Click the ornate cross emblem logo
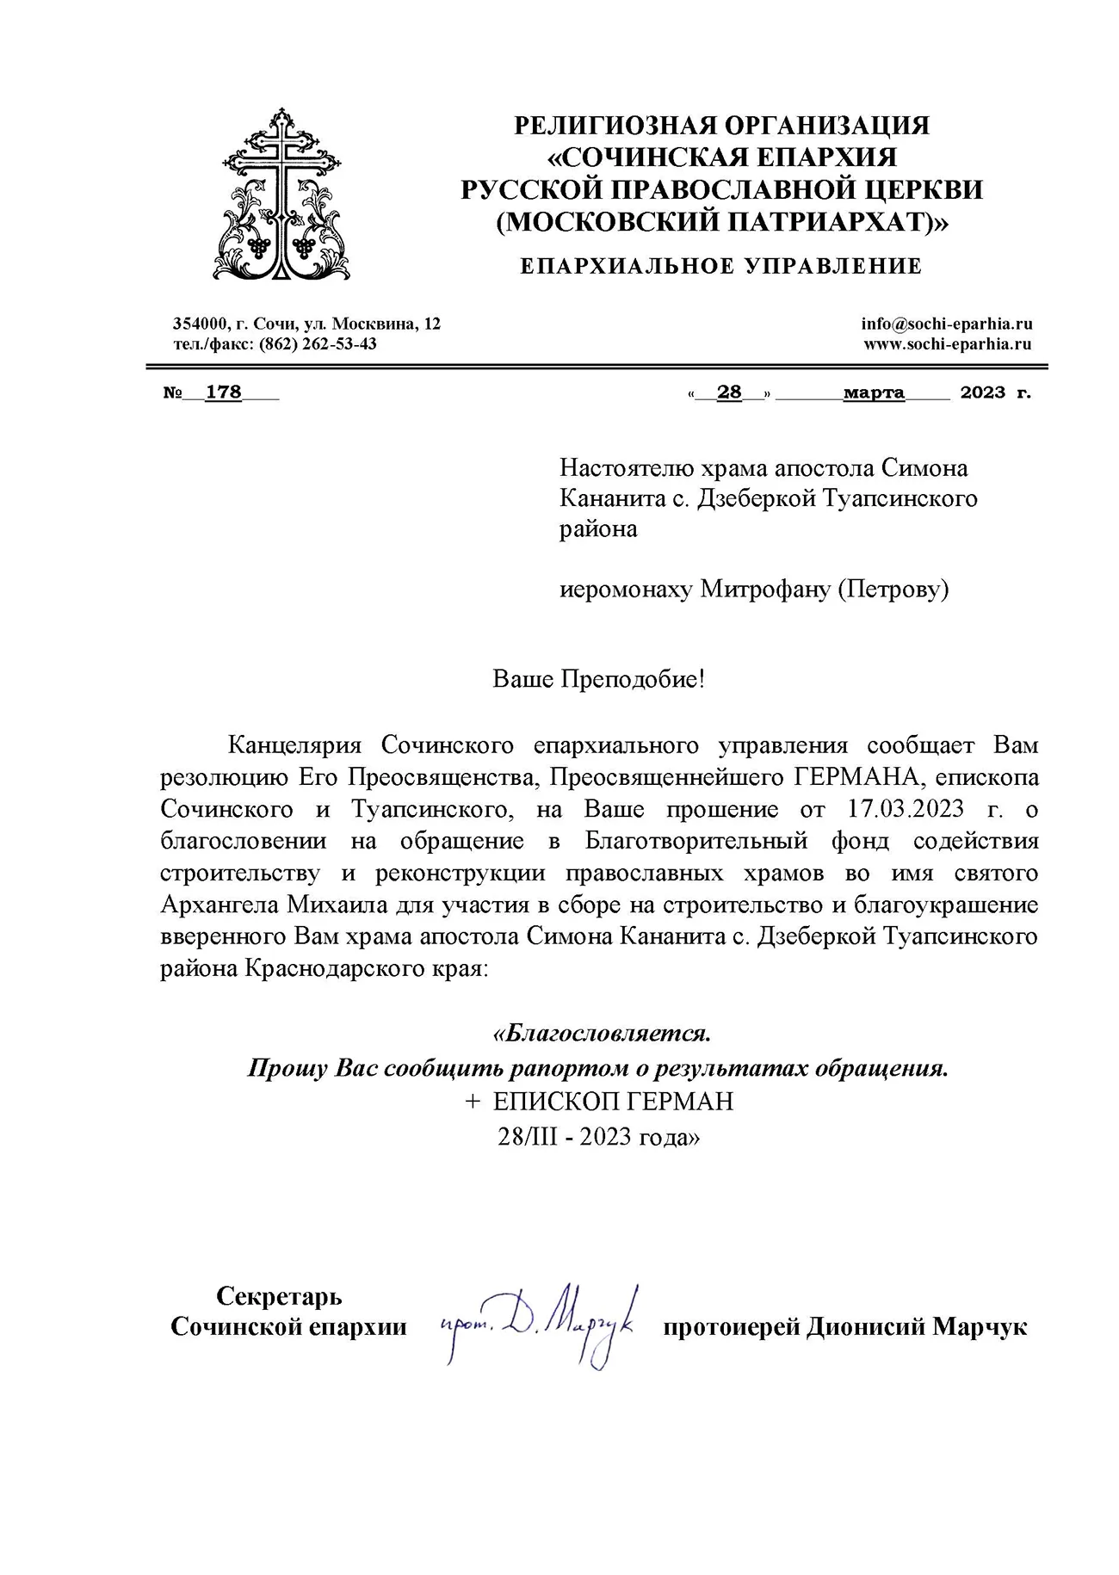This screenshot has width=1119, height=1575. coord(281,194)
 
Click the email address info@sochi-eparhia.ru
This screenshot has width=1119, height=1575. coord(946,324)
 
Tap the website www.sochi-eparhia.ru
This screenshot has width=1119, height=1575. coord(947,344)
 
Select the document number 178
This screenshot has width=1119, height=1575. coord(223,392)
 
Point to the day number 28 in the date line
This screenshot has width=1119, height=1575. coord(729,392)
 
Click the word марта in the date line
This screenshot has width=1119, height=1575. coord(874,392)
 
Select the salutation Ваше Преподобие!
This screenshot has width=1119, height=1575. coord(598,679)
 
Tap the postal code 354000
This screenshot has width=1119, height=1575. coord(200,324)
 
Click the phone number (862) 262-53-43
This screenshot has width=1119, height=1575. coord(324,344)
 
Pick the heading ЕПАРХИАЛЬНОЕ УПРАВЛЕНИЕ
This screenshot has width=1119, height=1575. coord(720,266)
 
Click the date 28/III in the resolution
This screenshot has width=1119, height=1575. coord(533,1136)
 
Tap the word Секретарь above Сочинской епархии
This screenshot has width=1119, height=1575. coord(278,1295)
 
